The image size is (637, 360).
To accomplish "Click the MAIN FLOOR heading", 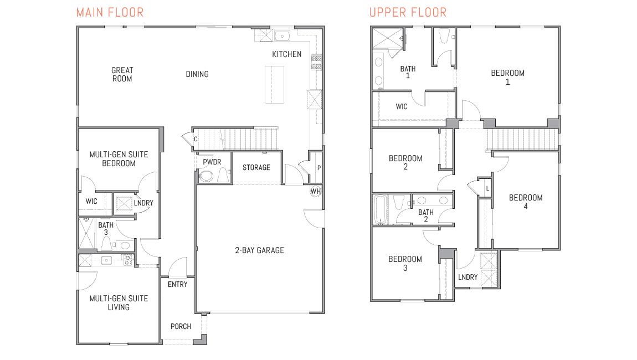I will point(110,12).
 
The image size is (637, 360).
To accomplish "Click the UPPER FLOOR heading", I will point(408,12).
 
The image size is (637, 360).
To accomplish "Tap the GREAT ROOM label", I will point(122,74).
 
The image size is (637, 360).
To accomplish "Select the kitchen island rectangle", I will point(274,84).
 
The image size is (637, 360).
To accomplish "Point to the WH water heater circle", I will point(315,191).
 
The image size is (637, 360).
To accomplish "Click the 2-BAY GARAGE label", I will point(259,250).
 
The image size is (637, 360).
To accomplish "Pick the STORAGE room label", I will point(256,167).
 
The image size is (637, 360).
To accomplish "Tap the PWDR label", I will point(212,162).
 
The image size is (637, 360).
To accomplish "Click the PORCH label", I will point(181,326).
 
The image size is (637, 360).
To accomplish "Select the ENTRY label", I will point(177,284).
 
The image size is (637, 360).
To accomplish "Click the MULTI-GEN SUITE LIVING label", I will point(119,302).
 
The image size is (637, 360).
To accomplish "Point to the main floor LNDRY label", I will point(143,203).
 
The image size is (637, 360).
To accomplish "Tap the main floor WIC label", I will point(91,201).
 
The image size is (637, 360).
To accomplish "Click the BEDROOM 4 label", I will point(526,202).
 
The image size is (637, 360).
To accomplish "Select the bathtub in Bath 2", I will point(380,209).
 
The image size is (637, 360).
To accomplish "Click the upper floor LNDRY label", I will point(468,277).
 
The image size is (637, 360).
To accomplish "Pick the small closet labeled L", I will point(486,188).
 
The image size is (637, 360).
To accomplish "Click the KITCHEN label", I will point(286,54).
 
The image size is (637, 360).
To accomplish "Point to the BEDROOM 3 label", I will point(405,263).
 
